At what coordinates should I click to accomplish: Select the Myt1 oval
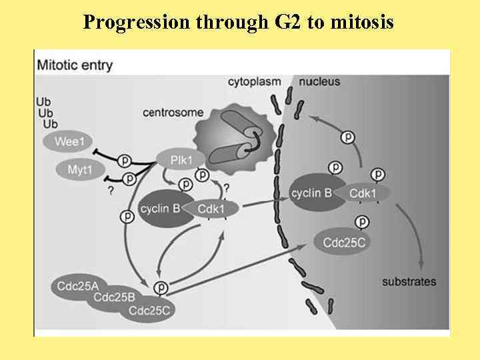[79, 169]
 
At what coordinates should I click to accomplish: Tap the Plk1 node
[177, 160]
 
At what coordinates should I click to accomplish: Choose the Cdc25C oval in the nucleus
[344, 243]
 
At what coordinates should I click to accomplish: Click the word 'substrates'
[409, 281]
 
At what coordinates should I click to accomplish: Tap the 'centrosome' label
[169, 112]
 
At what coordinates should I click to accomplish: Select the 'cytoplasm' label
[255, 82]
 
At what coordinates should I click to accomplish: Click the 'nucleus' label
[319, 82]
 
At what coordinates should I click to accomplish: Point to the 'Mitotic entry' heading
[75, 65]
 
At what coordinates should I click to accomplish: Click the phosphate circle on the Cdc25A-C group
[161, 287]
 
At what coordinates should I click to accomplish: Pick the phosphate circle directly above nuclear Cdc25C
[362, 221]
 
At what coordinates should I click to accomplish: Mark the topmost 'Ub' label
[44, 101]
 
